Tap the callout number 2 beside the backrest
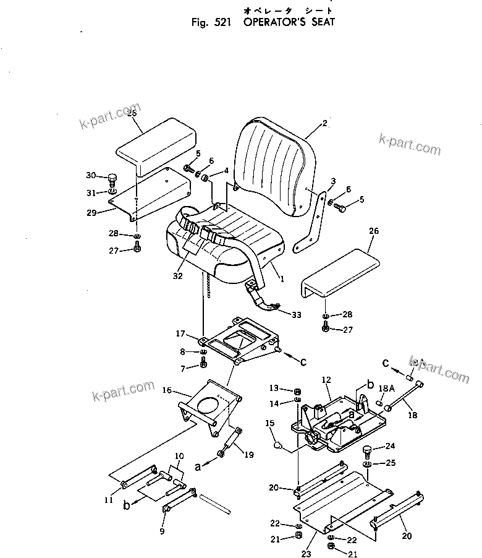tap(324, 123)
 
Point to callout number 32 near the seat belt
tap(178, 276)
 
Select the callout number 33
tap(297, 315)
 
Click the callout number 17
tap(180, 333)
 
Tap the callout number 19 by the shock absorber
tap(248, 455)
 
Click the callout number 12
tap(326, 379)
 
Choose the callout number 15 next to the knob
tap(269, 423)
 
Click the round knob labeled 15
tap(277, 444)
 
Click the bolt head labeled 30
tap(112, 179)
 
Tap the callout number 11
tap(109, 500)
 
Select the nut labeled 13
tap(297, 391)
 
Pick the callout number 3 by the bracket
tap(332, 181)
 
